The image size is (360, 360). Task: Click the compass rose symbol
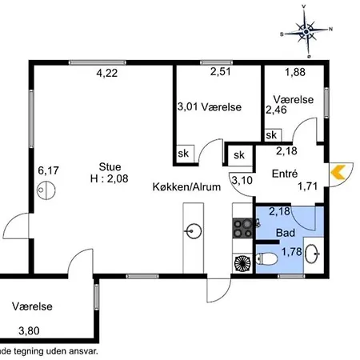307,31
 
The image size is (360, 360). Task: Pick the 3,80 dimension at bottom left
28,329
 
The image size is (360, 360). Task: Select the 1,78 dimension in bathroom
293,251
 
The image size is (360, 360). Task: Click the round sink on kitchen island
192,233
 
